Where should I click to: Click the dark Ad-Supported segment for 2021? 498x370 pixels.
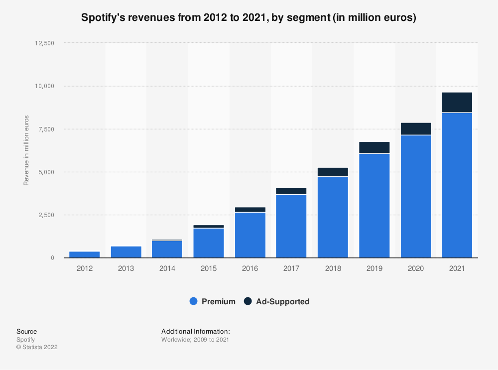[457, 102]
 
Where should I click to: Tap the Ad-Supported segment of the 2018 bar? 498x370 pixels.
[333, 172]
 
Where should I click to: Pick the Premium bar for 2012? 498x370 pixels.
[84, 254]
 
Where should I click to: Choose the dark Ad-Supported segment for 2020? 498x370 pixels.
[415, 128]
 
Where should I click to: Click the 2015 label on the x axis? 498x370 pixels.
[209, 269]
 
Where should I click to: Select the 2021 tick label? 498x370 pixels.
[457, 269]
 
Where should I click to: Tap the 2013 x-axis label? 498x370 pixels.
[126, 269]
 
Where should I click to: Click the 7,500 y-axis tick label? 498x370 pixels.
[45, 129]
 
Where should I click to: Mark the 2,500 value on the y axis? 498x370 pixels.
[45, 215]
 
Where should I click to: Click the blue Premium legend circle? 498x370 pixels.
[194, 301]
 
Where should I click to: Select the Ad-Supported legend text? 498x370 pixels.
[282, 301]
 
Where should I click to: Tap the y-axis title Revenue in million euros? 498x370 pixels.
[26, 150]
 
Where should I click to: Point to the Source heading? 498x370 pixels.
[26, 331]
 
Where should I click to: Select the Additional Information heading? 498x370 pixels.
[195, 331]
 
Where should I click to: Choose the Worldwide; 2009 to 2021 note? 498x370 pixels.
[195, 340]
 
